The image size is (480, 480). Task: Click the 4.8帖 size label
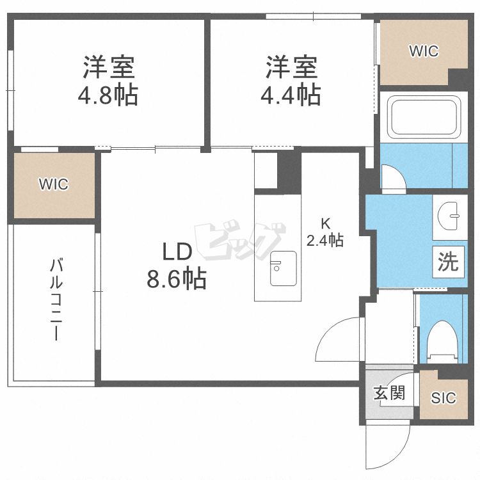coord(108,95)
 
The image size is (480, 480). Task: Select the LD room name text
coord(177,252)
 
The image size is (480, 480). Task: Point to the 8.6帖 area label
coord(177,278)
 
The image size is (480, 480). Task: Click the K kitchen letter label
coord(325,224)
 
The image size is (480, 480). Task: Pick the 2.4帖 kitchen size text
coord(325,241)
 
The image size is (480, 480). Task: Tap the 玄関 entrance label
coord(389,392)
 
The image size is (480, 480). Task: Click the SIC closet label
coord(443,398)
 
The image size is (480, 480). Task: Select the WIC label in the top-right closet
coord(424,51)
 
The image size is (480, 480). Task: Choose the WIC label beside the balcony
coord(53,184)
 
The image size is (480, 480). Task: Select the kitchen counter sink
coord(283,268)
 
